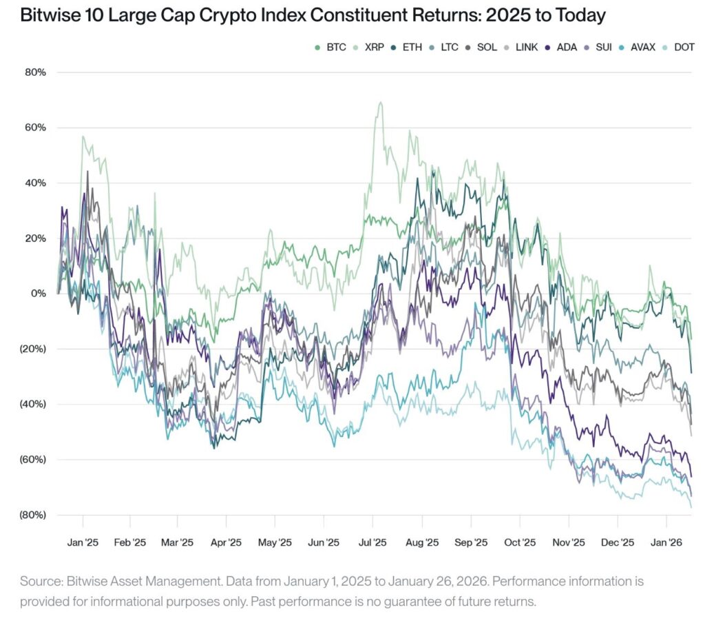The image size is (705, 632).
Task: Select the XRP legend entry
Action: tap(370, 48)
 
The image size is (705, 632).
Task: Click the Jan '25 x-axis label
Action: tap(83, 542)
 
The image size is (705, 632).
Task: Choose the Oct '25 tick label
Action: tap(520, 542)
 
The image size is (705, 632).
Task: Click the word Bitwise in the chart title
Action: tap(49, 14)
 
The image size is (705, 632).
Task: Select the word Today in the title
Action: tap(582, 14)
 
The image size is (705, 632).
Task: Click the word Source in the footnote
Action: tap(39, 581)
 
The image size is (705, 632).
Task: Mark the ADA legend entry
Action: tap(562, 48)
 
